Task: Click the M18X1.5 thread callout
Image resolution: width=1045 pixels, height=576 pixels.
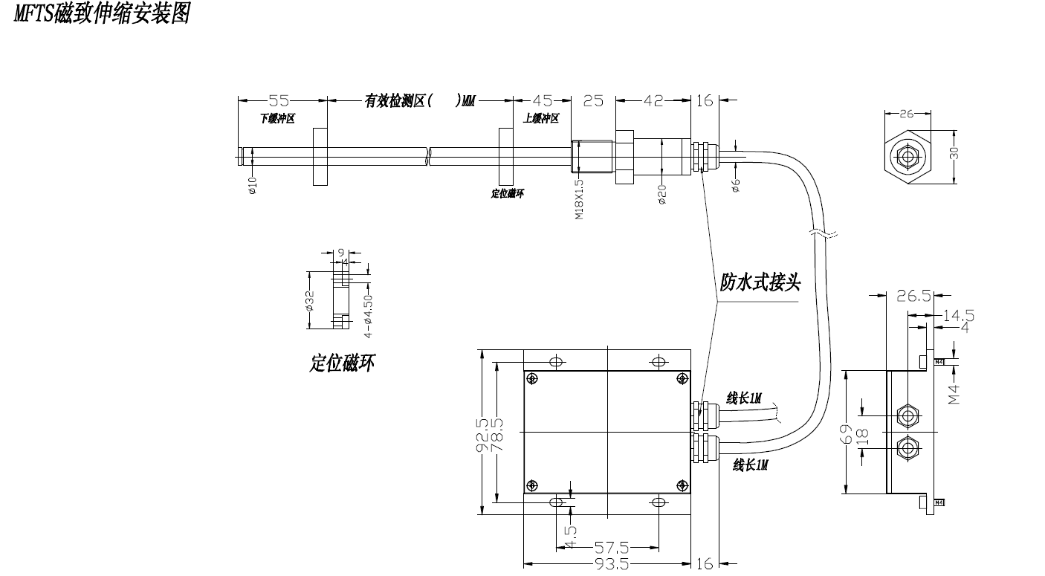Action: pos(579,197)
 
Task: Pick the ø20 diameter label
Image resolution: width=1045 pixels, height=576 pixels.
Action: pos(662,194)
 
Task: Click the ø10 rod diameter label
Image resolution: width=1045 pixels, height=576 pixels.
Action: pos(252,186)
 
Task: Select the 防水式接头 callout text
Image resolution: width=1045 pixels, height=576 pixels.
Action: pos(760,282)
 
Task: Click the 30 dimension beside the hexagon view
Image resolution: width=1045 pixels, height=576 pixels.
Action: pos(955,153)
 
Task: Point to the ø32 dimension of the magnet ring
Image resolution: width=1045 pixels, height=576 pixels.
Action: pos(310,301)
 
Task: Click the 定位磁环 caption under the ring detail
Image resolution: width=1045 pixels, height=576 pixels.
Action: pos(343,363)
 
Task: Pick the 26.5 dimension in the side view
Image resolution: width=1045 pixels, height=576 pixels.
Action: pos(913,296)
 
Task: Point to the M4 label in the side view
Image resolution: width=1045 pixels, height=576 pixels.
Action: pos(955,393)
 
